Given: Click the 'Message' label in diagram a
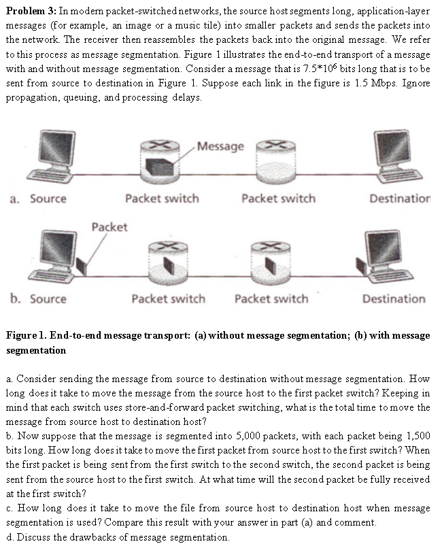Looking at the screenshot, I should click(220, 146).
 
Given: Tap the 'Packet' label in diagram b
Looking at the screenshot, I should click(108, 226).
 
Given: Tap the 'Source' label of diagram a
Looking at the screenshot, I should click(48, 199).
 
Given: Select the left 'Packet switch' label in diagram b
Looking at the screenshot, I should click(168, 298).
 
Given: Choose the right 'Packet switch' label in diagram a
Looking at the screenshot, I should click(278, 199).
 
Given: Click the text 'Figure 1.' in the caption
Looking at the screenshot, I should click(27, 335).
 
